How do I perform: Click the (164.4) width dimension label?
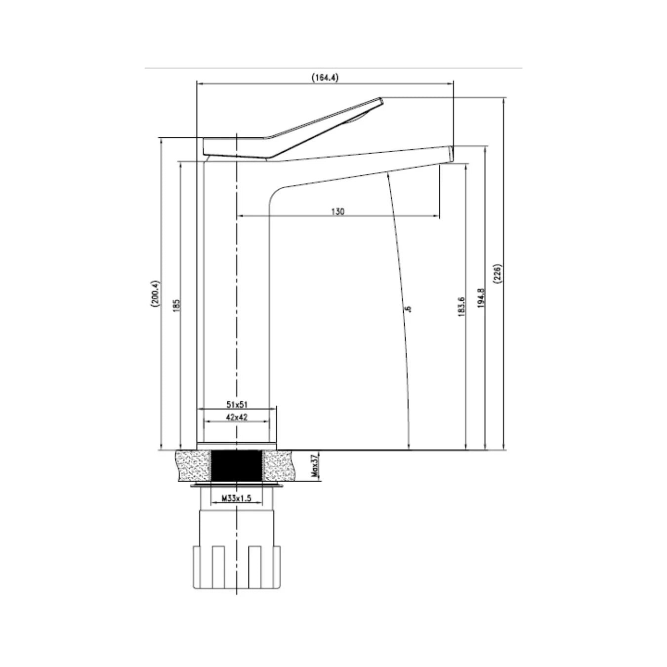325,78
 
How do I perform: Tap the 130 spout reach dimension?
338,211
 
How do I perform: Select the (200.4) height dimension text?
155,293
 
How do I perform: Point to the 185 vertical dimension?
176,306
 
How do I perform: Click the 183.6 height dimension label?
461,307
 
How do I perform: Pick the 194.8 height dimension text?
480,298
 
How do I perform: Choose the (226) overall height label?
498,274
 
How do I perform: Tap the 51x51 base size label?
237,404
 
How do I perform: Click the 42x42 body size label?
237,417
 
